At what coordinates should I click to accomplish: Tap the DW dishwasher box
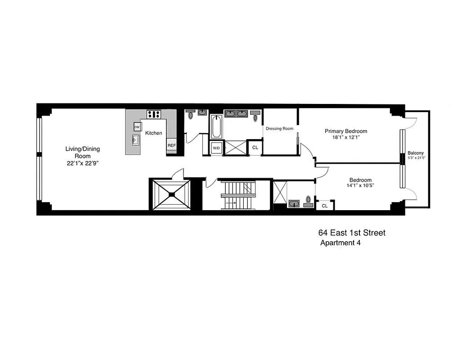(x=137, y=127)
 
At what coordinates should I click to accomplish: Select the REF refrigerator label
(x=171, y=145)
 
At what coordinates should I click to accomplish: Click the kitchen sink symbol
(x=135, y=140)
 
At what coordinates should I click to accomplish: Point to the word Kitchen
(x=153, y=133)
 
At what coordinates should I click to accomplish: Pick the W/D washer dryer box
(x=216, y=148)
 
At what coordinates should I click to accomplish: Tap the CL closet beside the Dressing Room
(x=255, y=148)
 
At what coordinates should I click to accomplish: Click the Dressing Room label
(x=279, y=129)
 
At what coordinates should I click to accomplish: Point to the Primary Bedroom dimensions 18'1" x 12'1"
(x=343, y=138)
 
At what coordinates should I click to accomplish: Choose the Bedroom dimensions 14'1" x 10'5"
(x=360, y=185)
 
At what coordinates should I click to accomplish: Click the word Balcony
(x=415, y=153)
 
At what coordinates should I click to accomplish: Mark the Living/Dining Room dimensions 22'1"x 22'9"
(x=82, y=163)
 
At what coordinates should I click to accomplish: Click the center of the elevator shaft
(x=172, y=194)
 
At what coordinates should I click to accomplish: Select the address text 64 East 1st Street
(x=352, y=233)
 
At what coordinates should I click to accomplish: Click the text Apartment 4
(x=340, y=243)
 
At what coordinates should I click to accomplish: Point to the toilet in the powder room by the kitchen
(x=191, y=115)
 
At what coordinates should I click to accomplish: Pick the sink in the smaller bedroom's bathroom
(x=294, y=204)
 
